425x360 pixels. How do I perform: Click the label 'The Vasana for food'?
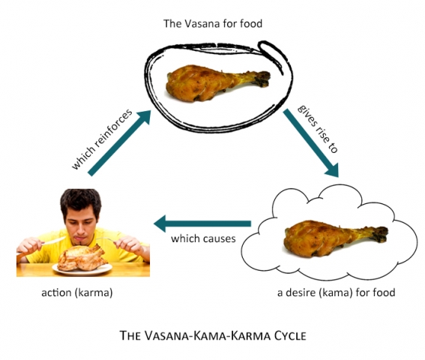click(x=213, y=23)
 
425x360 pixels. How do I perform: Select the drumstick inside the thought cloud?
click(x=336, y=238)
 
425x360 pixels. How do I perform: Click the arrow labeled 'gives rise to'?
click(x=311, y=143)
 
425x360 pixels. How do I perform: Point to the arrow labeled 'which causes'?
click(x=202, y=223)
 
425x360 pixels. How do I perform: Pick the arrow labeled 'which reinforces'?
click(x=119, y=143)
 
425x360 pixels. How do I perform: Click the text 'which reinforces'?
click(x=102, y=139)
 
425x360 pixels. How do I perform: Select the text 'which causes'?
click(x=203, y=238)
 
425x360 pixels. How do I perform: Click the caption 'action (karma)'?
click(x=77, y=292)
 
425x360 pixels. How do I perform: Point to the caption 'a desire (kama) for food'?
click(x=336, y=292)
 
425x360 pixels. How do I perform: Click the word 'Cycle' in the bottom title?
click(x=290, y=336)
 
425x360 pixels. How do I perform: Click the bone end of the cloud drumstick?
click(x=380, y=234)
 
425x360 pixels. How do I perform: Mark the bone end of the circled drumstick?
click(x=262, y=79)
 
